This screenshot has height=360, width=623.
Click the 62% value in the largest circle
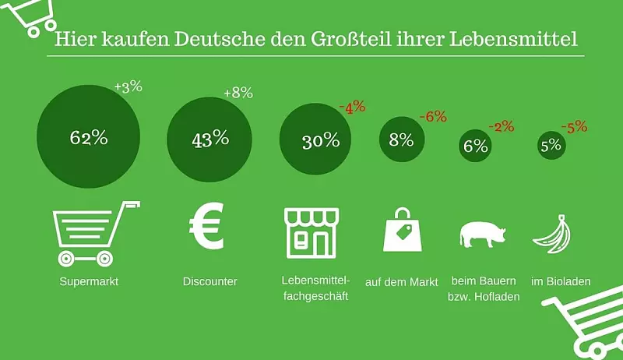click(88, 138)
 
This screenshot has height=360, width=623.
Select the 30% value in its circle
click(321, 141)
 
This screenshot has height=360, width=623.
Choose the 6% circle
click(475, 145)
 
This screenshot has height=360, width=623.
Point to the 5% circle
click(551, 145)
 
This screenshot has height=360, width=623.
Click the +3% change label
click(128, 86)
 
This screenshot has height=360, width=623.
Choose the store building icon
click(311, 232)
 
